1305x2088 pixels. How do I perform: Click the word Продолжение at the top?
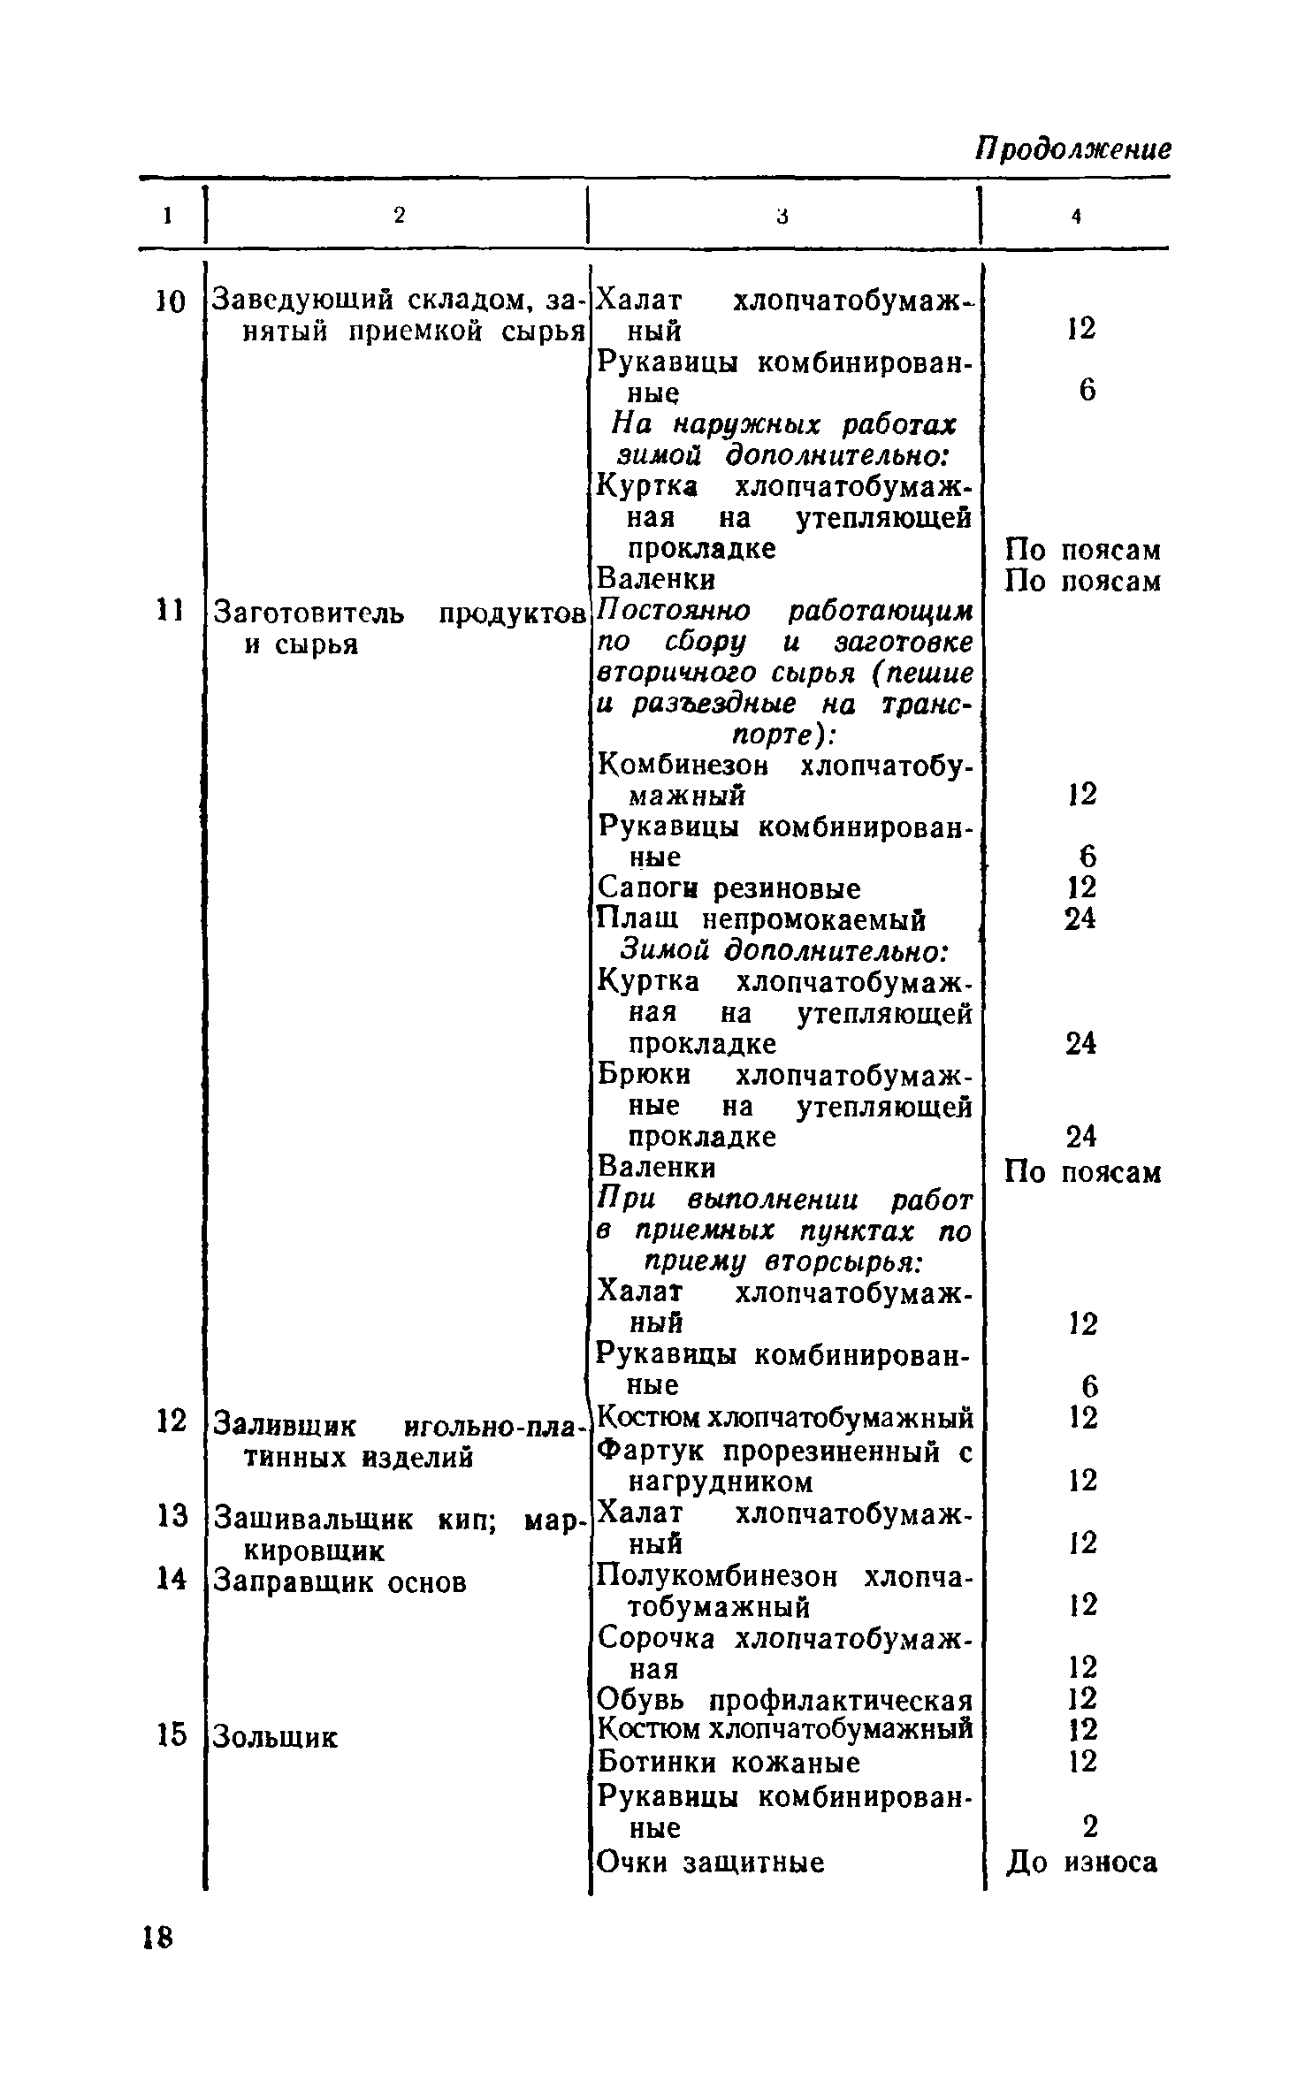(1072, 149)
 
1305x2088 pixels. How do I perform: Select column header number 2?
(399, 215)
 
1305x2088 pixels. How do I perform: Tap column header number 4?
(1076, 216)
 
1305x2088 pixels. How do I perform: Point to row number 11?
(167, 610)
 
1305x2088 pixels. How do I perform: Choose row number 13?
(171, 1516)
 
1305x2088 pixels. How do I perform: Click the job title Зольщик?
(275, 1736)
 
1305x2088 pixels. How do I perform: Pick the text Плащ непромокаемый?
(761, 919)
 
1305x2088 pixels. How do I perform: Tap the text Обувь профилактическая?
(784, 1700)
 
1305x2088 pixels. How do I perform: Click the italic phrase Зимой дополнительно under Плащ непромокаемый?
(783, 951)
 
